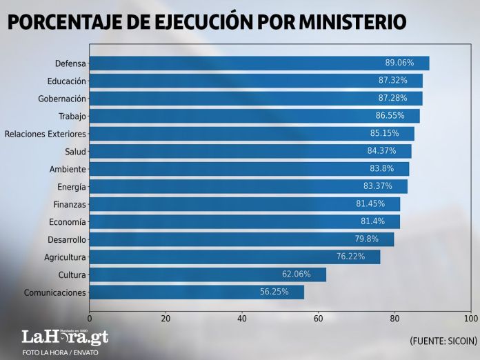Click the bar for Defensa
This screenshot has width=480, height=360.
click(x=259, y=63)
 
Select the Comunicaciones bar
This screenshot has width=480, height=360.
click(x=197, y=292)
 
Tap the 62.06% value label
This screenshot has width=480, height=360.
click(x=296, y=274)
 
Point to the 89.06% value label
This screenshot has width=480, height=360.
click(x=399, y=63)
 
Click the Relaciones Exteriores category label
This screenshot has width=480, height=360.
click(x=46, y=134)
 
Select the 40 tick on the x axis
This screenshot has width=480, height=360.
click(x=242, y=319)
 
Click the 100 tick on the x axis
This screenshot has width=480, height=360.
click(x=471, y=319)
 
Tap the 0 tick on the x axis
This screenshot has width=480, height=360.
click(x=90, y=319)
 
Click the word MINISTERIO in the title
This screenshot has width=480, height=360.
click(x=352, y=22)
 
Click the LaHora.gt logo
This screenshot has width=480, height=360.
click(x=65, y=337)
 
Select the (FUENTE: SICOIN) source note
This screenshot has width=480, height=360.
click(x=443, y=341)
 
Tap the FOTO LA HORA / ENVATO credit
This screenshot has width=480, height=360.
click(x=61, y=352)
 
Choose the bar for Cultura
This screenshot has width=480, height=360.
click(x=207, y=274)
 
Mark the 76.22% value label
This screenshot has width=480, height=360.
click(x=350, y=257)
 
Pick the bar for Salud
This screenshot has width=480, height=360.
click(x=250, y=151)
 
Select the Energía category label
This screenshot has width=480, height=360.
click(x=72, y=187)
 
